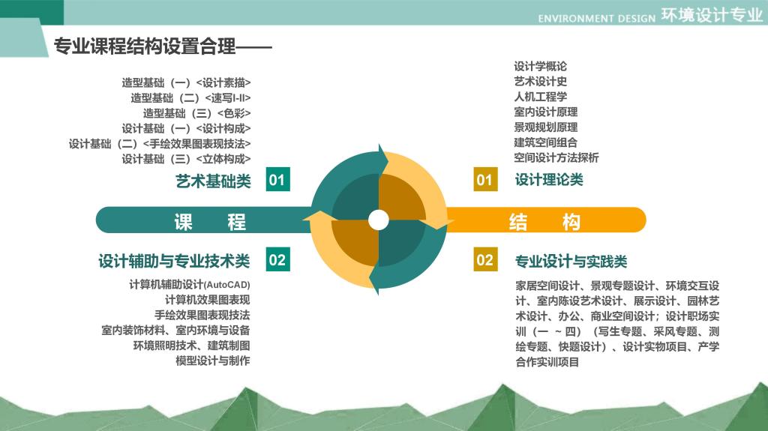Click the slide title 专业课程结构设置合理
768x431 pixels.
tap(145, 46)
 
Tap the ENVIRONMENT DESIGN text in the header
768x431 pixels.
tap(596, 19)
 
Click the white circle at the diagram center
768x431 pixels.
tap(378, 220)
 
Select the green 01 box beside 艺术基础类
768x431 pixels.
tap(277, 179)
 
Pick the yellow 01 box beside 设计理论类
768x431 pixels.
tap(485, 179)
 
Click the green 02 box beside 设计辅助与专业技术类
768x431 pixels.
tap(277, 259)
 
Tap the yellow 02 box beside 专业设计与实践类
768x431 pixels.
tap(485, 259)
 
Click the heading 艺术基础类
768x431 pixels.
tap(213, 181)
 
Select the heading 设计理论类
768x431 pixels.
tap(549, 180)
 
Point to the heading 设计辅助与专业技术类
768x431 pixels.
tap(174, 261)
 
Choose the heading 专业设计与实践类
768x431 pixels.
tap(571, 262)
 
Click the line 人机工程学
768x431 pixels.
tap(540, 97)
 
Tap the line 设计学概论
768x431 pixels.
tap(540, 66)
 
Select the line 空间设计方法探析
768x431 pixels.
tap(556, 157)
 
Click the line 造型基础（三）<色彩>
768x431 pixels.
tap(197, 114)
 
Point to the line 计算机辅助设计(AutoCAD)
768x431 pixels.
tap(190, 285)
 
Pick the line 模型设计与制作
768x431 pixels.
tap(213, 361)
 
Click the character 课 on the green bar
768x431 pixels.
tap(183, 222)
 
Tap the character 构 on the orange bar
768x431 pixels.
tap(571, 222)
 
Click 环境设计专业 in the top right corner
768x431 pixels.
tap(712, 15)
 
